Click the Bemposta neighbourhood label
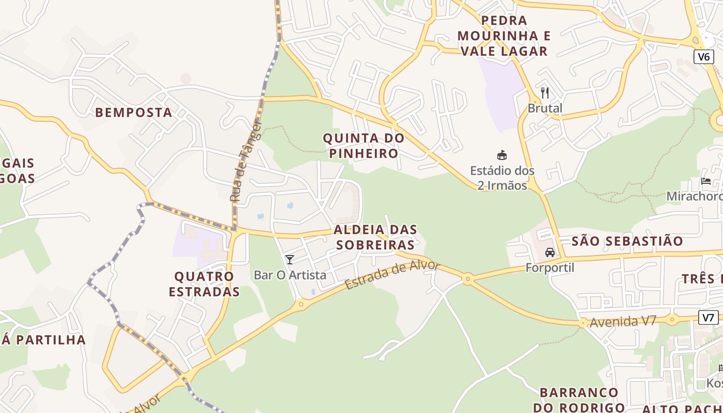point(133,112)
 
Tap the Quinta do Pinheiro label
point(364,146)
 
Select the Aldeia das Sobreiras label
point(375,237)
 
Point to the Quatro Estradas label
point(204,284)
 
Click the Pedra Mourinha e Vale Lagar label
point(504,36)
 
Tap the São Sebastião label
point(627,241)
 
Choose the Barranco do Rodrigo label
point(578,400)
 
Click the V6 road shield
point(703,56)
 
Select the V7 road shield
point(709,317)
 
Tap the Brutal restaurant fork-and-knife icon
point(545,93)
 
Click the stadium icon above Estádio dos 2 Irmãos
point(501,155)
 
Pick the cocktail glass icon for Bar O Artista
point(290,260)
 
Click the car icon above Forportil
point(550,252)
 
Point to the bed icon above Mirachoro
point(706,181)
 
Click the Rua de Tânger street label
point(246,161)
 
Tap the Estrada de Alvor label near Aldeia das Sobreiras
point(392,275)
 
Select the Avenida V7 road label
point(623,322)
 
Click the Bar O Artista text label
point(290,275)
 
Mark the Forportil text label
point(549,268)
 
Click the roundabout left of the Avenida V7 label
point(583,323)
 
